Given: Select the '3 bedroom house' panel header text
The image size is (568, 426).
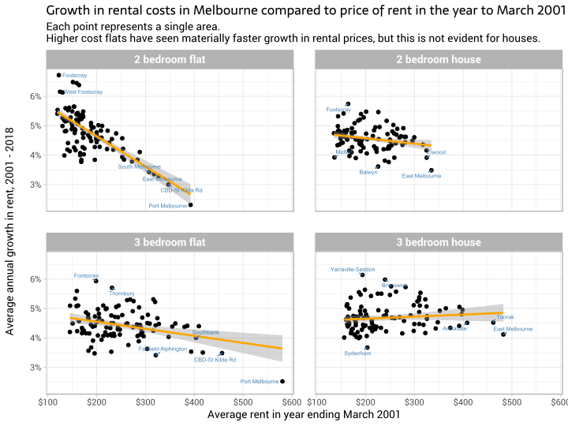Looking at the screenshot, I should pyautogui.click(x=439, y=243).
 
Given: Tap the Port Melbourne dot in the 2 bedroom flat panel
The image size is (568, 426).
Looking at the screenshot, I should pyautogui.click(x=190, y=205).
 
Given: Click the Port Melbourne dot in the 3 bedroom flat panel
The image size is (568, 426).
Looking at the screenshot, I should pyautogui.click(x=282, y=381).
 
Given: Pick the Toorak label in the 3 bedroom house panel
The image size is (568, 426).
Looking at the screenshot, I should pyautogui.click(x=506, y=317).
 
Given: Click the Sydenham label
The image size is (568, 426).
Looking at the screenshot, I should pyautogui.click(x=357, y=353).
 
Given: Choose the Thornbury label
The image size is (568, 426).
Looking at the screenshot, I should pyautogui.click(x=121, y=293).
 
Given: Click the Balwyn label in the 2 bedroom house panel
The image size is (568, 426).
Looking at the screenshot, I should pyautogui.click(x=368, y=172).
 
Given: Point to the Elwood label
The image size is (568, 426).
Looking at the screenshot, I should pyautogui.click(x=437, y=152).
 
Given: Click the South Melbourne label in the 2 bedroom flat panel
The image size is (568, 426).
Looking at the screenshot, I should pyautogui.click(x=140, y=166).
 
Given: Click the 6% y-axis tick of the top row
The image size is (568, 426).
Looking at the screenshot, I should pyautogui.click(x=35, y=96).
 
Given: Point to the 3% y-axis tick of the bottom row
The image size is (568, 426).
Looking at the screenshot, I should pyautogui.click(x=35, y=368).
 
